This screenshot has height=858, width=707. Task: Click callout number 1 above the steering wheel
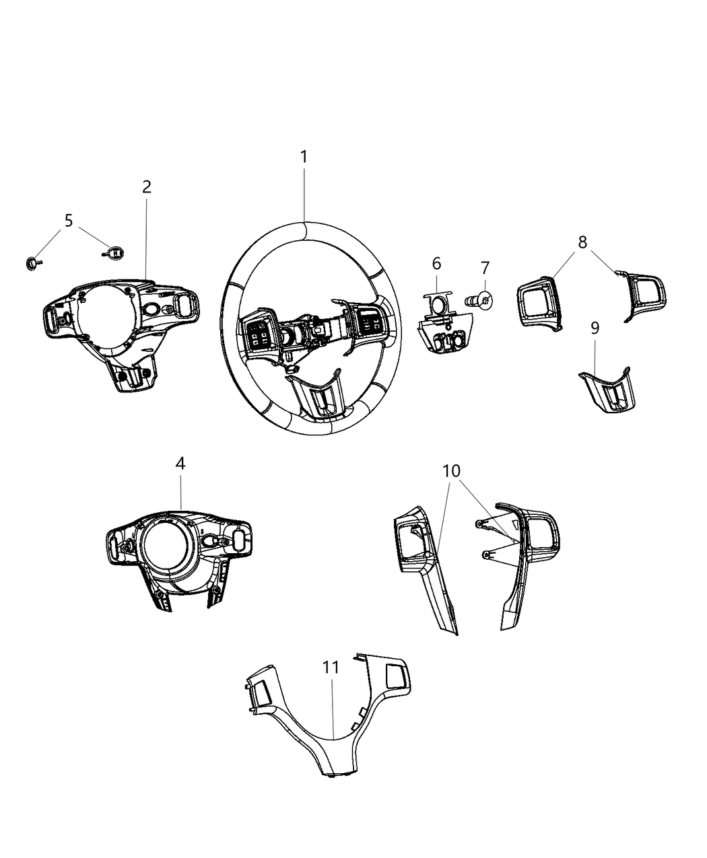(x=304, y=157)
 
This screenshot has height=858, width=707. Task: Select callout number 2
(x=147, y=187)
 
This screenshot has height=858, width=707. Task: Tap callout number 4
(x=180, y=463)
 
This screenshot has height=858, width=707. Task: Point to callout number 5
(x=69, y=220)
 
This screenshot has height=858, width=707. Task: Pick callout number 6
(x=436, y=263)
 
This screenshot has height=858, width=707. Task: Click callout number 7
(x=485, y=268)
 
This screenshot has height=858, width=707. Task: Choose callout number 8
(x=582, y=242)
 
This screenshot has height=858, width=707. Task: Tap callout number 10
(x=451, y=470)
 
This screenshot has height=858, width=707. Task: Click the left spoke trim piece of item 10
(x=424, y=565)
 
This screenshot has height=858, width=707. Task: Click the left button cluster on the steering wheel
(x=258, y=331)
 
